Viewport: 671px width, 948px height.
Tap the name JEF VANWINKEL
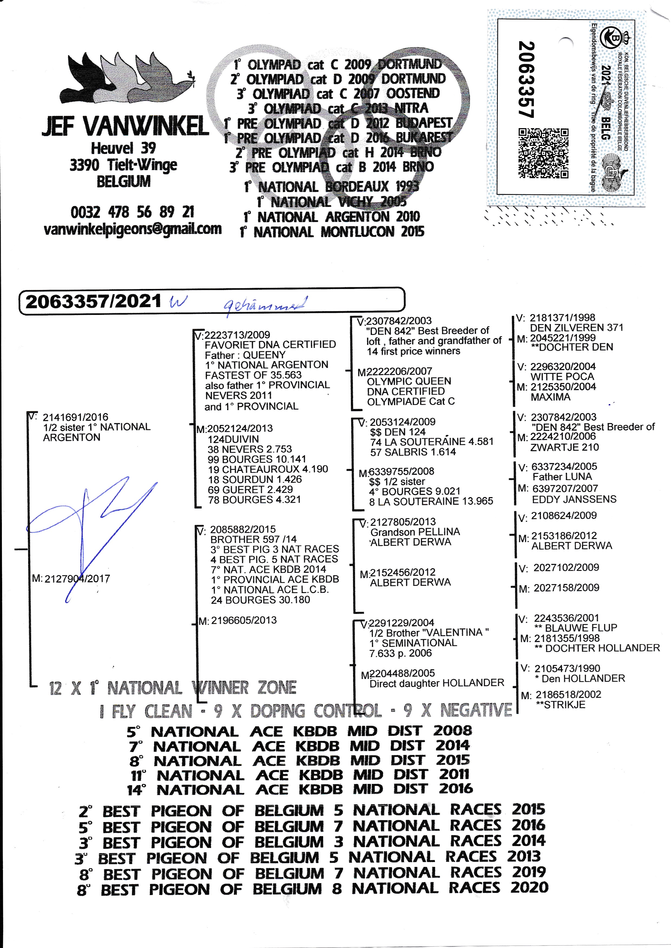(x=125, y=126)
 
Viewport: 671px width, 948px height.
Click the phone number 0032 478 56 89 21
(x=132, y=212)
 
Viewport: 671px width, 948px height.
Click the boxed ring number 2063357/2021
(x=93, y=301)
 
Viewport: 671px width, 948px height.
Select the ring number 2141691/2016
(x=75, y=417)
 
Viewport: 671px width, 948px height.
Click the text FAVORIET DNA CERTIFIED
(x=270, y=344)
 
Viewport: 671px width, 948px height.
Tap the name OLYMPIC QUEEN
(x=409, y=381)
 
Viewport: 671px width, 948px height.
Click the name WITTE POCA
(x=562, y=377)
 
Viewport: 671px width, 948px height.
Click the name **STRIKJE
(x=560, y=705)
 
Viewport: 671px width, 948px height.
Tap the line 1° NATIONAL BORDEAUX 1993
(x=331, y=187)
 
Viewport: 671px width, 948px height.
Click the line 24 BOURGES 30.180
(x=260, y=600)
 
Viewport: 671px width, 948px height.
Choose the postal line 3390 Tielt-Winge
(x=123, y=165)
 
